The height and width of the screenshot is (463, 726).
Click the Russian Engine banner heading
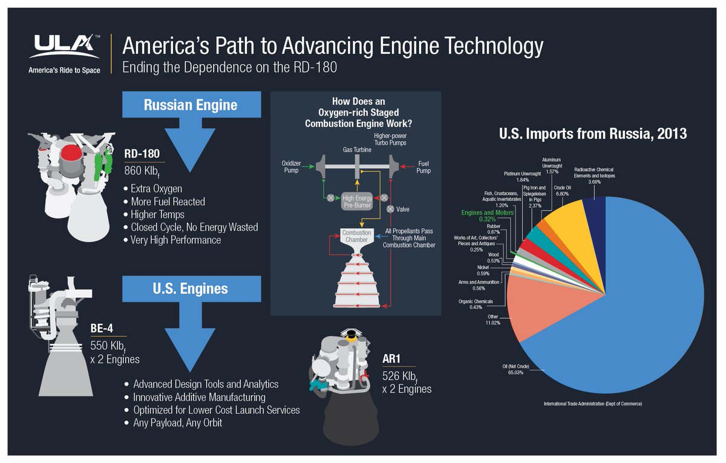191,105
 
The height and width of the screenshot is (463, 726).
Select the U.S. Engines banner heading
191,288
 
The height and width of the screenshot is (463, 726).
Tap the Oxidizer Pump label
295,166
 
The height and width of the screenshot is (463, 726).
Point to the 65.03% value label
512,373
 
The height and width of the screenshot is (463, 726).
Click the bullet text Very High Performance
175,240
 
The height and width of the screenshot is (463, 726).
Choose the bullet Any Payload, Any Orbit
178,423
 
